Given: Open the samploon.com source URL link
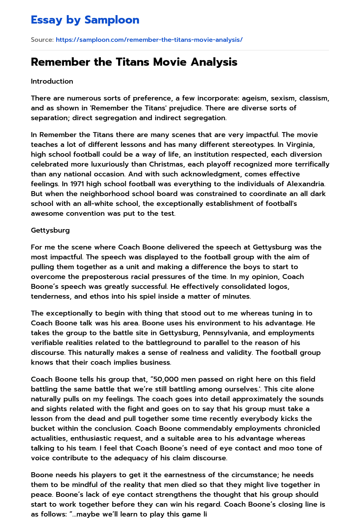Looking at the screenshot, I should tap(149, 40).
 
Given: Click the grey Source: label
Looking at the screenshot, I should tap(42, 40).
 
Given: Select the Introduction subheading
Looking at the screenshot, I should tap(52, 81).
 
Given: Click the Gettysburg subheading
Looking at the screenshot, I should tap(50, 230).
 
